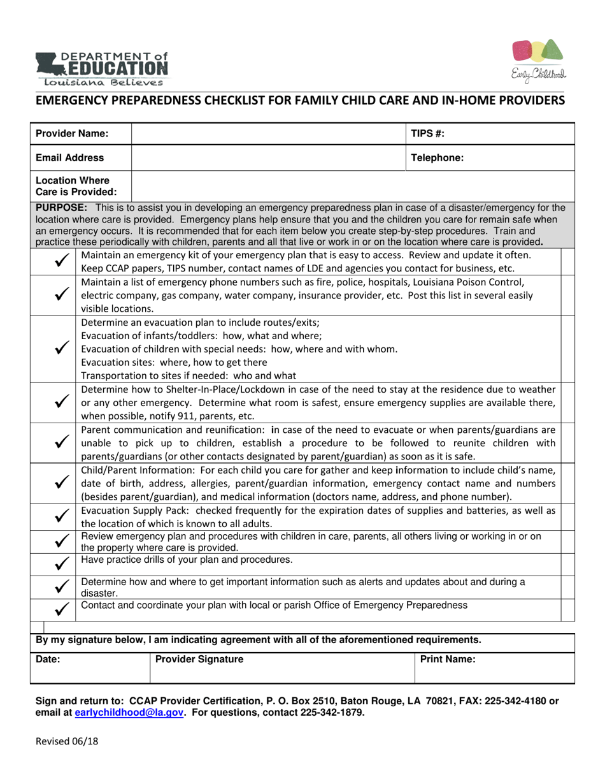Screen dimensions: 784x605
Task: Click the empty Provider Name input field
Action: click(268, 134)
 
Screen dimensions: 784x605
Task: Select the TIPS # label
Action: click(427, 134)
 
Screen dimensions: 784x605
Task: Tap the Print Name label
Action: click(448, 660)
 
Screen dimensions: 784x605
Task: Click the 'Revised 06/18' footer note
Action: click(67, 741)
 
